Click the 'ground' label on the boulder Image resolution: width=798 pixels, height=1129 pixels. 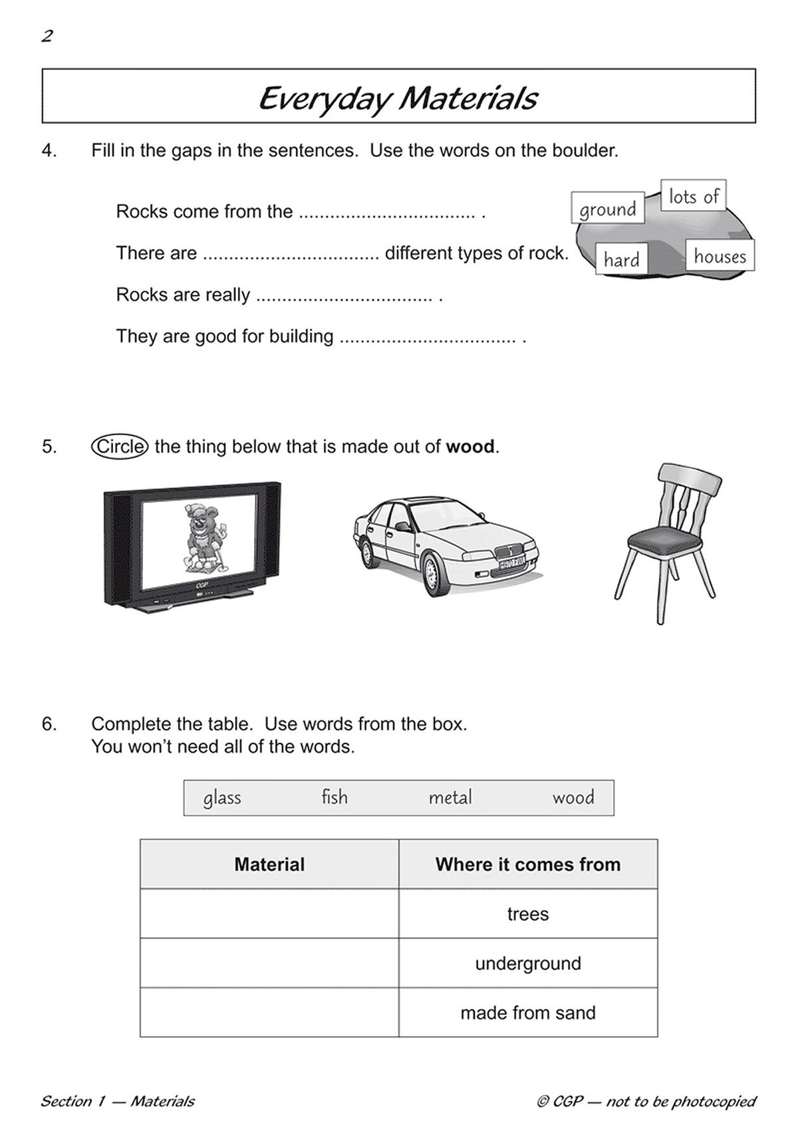[x=607, y=209]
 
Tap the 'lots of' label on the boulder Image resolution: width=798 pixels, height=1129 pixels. [x=693, y=196]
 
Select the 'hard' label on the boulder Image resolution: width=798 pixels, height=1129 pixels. [x=621, y=259]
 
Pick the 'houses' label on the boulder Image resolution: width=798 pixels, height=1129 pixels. [x=720, y=256]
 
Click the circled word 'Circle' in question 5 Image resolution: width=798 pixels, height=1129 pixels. [x=120, y=446]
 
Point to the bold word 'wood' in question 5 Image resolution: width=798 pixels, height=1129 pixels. [x=470, y=447]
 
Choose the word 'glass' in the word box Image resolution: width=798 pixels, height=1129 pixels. [x=222, y=797]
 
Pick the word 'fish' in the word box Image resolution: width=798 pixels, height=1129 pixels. [x=334, y=797]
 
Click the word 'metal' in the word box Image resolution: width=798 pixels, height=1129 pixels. [x=450, y=797]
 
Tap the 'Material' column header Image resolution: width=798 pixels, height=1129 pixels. [x=269, y=864]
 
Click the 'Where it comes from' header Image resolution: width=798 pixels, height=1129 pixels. [x=528, y=864]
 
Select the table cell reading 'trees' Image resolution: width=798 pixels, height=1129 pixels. [x=528, y=914]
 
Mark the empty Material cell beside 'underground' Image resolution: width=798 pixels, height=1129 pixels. [x=269, y=963]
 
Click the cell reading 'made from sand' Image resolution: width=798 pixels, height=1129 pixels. [x=528, y=1013]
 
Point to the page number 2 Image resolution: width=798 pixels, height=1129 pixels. [x=47, y=37]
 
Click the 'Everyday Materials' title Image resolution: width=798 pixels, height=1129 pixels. [x=398, y=98]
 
